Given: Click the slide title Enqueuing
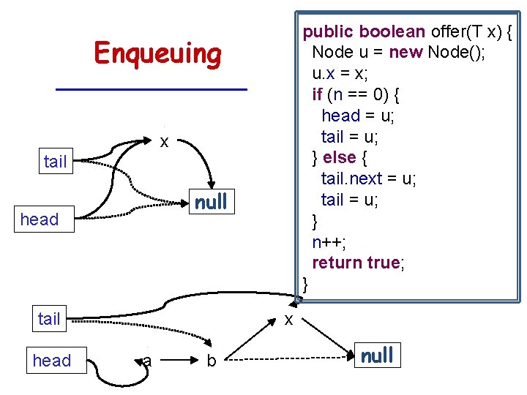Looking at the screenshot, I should click(x=157, y=54).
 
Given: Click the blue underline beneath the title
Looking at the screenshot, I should click(x=152, y=89).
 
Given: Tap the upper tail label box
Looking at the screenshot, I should click(x=56, y=162).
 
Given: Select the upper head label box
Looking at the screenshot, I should click(x=40, y=219).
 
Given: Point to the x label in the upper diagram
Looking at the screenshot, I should click(x=165, y=141).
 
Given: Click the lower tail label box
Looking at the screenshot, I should click(x=49, y=319).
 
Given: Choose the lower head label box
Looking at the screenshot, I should click(x=52, y=361).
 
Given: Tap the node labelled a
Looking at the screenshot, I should click(x=147, y=360).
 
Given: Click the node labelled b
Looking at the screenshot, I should click(x=211, y=361).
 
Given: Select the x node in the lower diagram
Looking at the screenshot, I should click(x=289, y=320).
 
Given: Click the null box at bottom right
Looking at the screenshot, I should click(x=376, y=355).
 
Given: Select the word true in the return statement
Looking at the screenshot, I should click(x=380, y=262).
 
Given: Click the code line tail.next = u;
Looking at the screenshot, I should click(x=369, y=178).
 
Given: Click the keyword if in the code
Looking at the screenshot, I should click(x=317, y=94).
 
